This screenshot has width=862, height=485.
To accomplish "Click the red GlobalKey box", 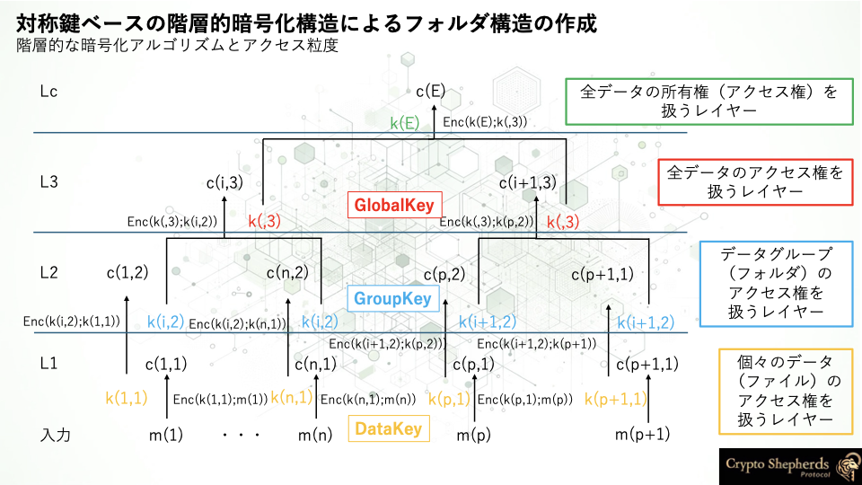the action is (394, 205).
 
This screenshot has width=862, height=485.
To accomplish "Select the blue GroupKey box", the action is (393, 298).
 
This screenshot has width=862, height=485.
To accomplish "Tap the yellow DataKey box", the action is (389, 428).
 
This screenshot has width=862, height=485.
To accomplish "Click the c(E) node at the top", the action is (430, 91).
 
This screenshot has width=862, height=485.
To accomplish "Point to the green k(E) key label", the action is (405, 123).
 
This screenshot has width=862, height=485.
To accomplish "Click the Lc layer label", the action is (48, 92).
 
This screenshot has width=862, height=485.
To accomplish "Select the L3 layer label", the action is (48, 181).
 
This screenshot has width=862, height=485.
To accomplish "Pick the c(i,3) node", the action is (224, 182).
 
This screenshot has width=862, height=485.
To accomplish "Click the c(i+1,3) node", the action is (528, 182).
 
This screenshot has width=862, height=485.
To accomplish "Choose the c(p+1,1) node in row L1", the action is (647, 364).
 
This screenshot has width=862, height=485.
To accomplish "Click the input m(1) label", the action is (166, 435).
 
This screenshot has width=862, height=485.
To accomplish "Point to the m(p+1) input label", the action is (642, 435).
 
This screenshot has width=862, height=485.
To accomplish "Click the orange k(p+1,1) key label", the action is (616, 399).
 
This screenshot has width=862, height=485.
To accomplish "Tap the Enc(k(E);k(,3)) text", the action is (485, 122).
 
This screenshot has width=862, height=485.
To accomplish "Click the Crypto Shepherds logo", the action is (790, 466).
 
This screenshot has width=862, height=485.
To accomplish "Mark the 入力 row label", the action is (56, 435).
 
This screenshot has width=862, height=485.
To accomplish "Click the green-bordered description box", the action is (709, 101).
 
